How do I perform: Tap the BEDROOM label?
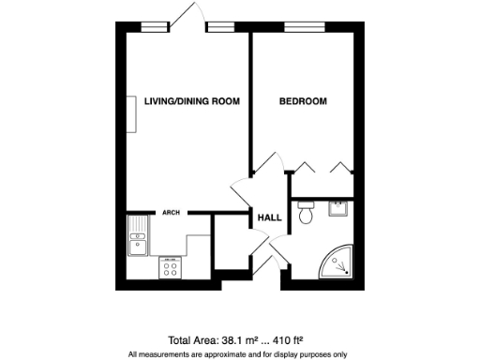[x=303, y=101]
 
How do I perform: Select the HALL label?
[x=270, y=217]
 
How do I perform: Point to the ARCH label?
[x=171, y=212]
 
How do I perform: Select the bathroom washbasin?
[x=337, y=209]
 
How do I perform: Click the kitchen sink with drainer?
[x=136, y=237]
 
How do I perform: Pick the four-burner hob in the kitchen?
[x=172, y=268]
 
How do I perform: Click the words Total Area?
[x=191, y=340]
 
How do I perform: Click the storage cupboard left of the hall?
[x=228, y=245]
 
